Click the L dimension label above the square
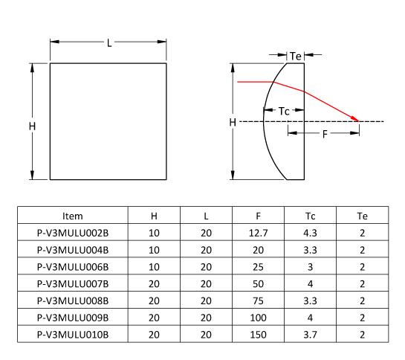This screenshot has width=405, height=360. point(109,43)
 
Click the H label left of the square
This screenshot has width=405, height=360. point(32,126)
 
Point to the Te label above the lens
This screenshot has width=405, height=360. point(296,56)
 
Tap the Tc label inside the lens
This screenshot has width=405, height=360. point(284,112)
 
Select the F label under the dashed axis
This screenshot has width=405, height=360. point(325,134)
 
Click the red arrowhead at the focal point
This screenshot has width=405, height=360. point(355,119)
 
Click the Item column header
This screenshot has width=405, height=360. point(73,216)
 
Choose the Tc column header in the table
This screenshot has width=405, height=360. point(310,216)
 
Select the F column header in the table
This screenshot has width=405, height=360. point(258,216)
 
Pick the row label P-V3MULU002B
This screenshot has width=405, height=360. point(73,233)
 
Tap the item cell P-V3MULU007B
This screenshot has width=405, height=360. point(73,284)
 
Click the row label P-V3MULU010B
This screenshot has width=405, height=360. point(73,335)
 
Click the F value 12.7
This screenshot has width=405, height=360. point(258,233)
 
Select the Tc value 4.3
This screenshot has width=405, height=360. point(310,233)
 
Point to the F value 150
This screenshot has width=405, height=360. point(258,335)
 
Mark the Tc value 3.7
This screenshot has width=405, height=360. point(310,335)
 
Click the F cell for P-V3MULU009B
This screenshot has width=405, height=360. point(258,318)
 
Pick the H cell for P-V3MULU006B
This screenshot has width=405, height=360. point(154,267)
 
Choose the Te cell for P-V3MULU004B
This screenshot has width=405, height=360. point(363,250)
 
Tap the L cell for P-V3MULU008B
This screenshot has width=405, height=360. point(206,300)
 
